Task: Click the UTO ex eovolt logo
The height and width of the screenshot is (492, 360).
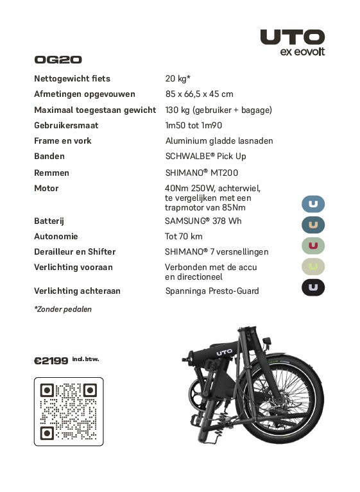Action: coord(292,42)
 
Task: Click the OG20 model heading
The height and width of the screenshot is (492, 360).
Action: coord(58,60)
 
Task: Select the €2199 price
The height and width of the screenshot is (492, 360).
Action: coord(51,361)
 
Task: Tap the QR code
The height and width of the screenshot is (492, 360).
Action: coord(68,411)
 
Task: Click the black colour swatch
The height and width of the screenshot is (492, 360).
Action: coord(313,287)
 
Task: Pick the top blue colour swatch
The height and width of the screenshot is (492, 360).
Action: coord(313,204)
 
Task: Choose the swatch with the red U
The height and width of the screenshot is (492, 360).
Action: coord(313,245)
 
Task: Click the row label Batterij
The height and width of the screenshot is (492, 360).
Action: coord(49,221)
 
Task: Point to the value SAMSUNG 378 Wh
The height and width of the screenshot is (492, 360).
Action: coord(203,221)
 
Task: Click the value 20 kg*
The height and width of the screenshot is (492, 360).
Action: coord(178,78)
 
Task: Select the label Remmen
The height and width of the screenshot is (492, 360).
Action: coord(51,173)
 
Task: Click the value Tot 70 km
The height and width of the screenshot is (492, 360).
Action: coord(184,236)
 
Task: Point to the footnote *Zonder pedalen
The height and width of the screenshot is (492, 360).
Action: coord(63,309)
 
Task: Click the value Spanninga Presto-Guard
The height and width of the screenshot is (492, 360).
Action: coord(212,291)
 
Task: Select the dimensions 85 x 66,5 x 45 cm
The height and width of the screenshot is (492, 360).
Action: coord(199,94)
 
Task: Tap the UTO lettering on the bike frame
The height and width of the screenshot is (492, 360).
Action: coord(224,351)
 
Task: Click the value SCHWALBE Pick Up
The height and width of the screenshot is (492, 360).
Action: coord(205,156)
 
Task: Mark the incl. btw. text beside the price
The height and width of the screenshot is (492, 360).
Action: coord(85,359)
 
